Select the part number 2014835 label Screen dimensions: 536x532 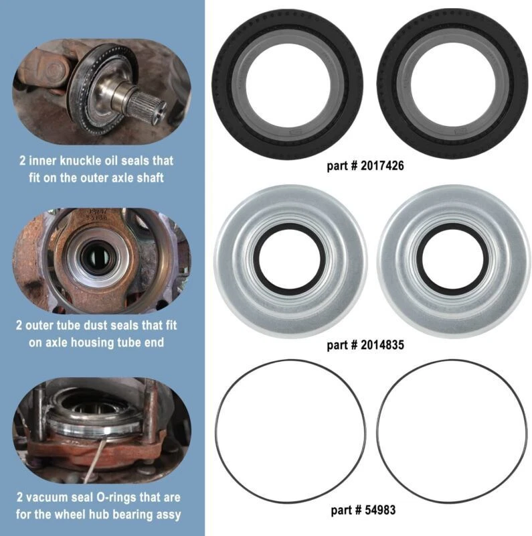point(366,346)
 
